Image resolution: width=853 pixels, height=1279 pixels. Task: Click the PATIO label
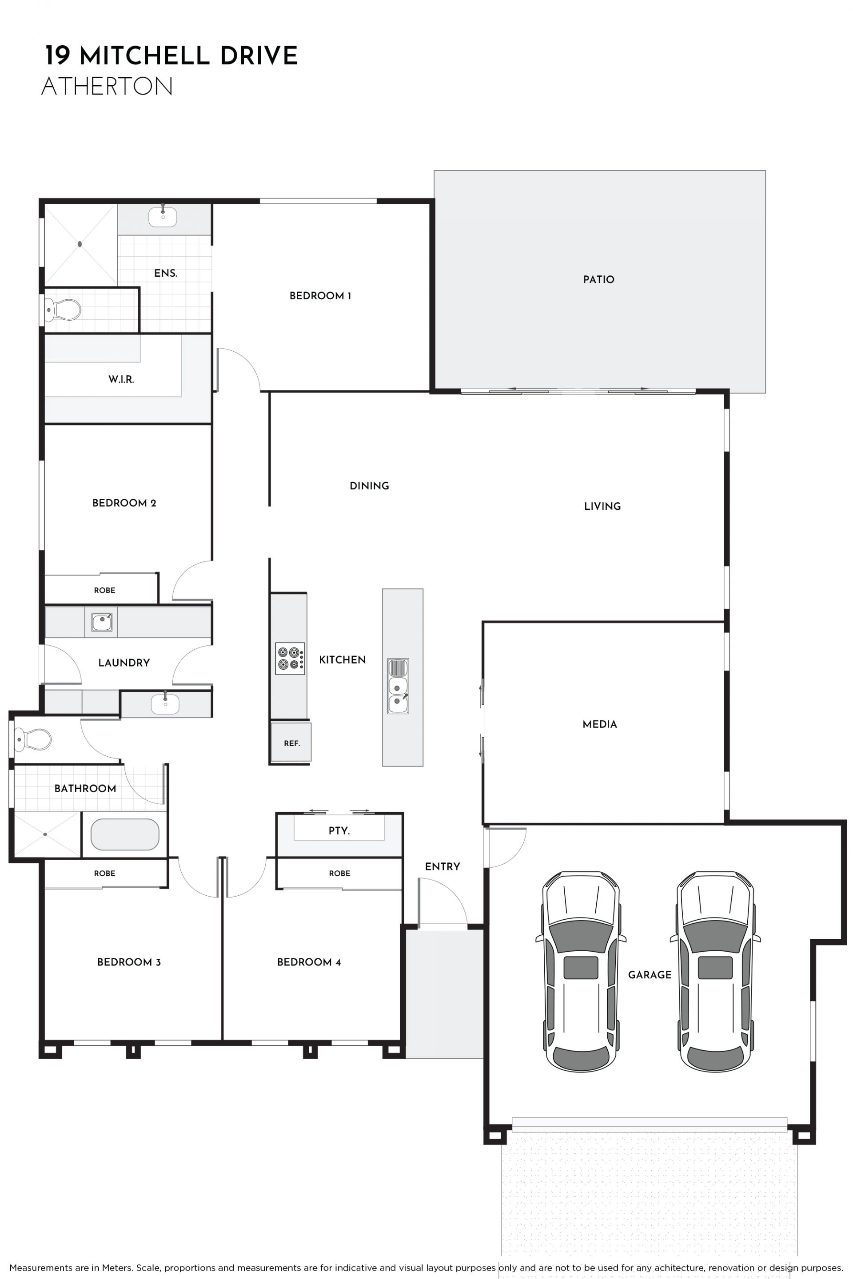pos(598,279)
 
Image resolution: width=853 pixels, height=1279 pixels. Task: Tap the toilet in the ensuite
pos(63,310)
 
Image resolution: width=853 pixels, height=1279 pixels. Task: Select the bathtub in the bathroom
pos(124,834)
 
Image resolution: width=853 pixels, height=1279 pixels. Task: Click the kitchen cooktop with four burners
pos(290,659)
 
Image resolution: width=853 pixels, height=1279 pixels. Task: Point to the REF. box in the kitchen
pos(291,742)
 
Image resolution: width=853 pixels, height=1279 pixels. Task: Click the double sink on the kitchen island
pos(398,686)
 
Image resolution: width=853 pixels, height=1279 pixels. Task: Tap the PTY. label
pos(339,831)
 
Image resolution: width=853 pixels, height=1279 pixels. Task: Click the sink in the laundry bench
pos(102,622)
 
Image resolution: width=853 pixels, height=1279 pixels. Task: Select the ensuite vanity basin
pos(163,216)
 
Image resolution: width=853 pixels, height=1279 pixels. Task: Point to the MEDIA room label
pos(599,724)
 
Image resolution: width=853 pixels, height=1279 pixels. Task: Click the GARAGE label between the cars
pos(650,975)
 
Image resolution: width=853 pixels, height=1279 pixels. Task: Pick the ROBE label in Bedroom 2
pos(104,591)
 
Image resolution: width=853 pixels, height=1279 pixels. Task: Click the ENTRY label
pos(442,867)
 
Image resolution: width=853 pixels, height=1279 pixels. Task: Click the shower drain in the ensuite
pos(80,244)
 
